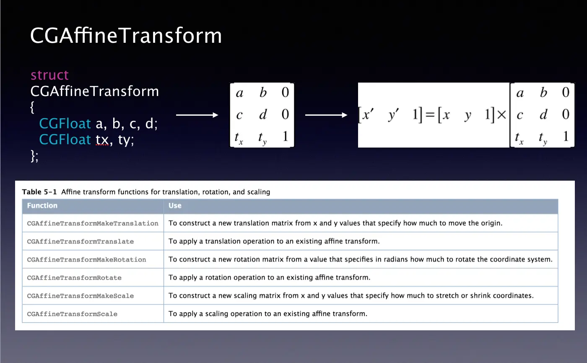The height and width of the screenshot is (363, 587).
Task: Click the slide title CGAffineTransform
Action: coord(126,35)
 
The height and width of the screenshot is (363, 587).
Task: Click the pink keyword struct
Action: coord(49,75)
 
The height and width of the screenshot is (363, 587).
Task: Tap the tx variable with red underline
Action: coord(102,140)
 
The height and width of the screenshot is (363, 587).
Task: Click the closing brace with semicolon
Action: coord(34,156)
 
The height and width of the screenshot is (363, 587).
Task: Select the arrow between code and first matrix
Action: coord(197,115)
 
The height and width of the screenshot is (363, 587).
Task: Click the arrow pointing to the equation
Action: coord(326,115)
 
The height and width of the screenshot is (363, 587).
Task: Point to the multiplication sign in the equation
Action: coord(501,115)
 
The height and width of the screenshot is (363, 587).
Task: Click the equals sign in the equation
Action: coord(430,115)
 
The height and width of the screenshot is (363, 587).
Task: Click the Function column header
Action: coord(42,205)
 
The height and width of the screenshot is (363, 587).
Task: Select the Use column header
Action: coord(175,205)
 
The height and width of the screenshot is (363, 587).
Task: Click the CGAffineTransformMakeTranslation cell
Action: coord(93,223)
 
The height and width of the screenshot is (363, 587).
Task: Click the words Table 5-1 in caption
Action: coord(39,192)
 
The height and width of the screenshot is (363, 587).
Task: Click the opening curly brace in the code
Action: coord(32,107)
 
